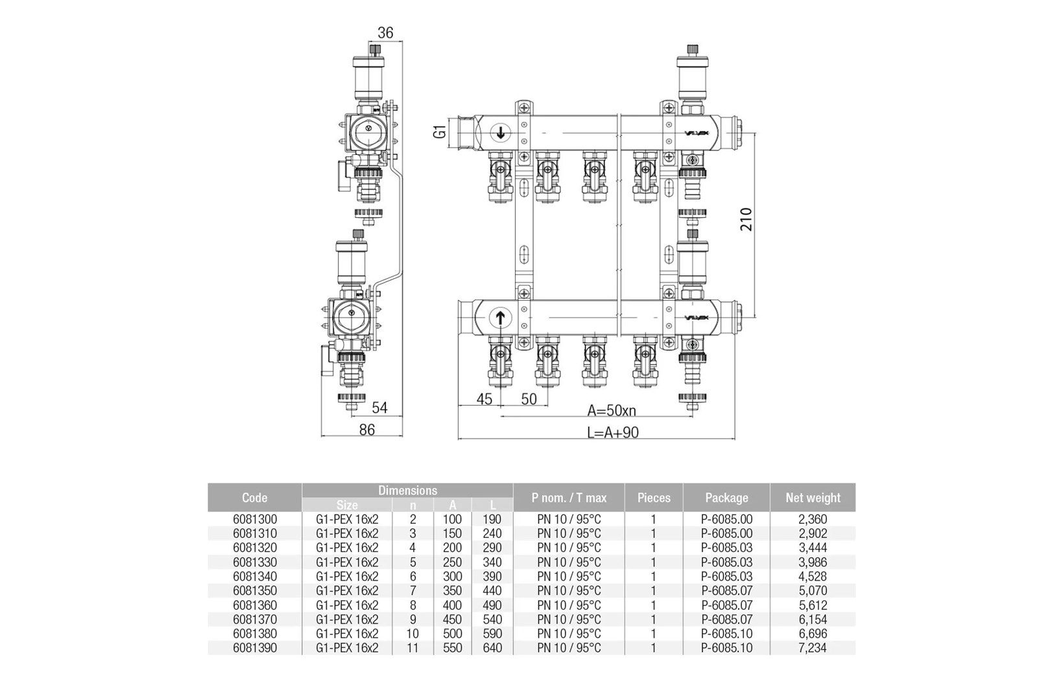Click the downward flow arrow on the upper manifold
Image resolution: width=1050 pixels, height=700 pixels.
500,133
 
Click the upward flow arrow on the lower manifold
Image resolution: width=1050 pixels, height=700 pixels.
500,318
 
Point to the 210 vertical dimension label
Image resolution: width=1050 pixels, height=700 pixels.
746,219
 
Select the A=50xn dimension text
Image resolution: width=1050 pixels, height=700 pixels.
612,410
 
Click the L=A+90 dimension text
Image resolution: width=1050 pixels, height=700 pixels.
613,432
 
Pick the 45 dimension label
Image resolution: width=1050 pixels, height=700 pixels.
484,399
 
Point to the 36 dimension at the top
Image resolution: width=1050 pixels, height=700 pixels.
385,33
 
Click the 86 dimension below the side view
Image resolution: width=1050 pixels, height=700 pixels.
367,430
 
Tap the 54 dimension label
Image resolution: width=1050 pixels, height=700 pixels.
379,408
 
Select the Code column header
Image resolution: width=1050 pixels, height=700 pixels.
254,498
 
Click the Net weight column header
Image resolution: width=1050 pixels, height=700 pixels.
813,498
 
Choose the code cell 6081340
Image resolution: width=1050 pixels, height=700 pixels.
255,576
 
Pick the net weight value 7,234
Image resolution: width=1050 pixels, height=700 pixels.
813,648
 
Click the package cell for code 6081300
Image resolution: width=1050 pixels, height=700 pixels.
726,519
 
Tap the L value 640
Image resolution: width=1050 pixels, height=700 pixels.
492,648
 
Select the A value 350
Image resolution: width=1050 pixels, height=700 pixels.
452,590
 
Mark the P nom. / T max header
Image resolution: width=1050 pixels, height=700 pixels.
569,498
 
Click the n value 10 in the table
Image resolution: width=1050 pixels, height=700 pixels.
412,633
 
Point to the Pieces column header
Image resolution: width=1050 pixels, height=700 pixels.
654,498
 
